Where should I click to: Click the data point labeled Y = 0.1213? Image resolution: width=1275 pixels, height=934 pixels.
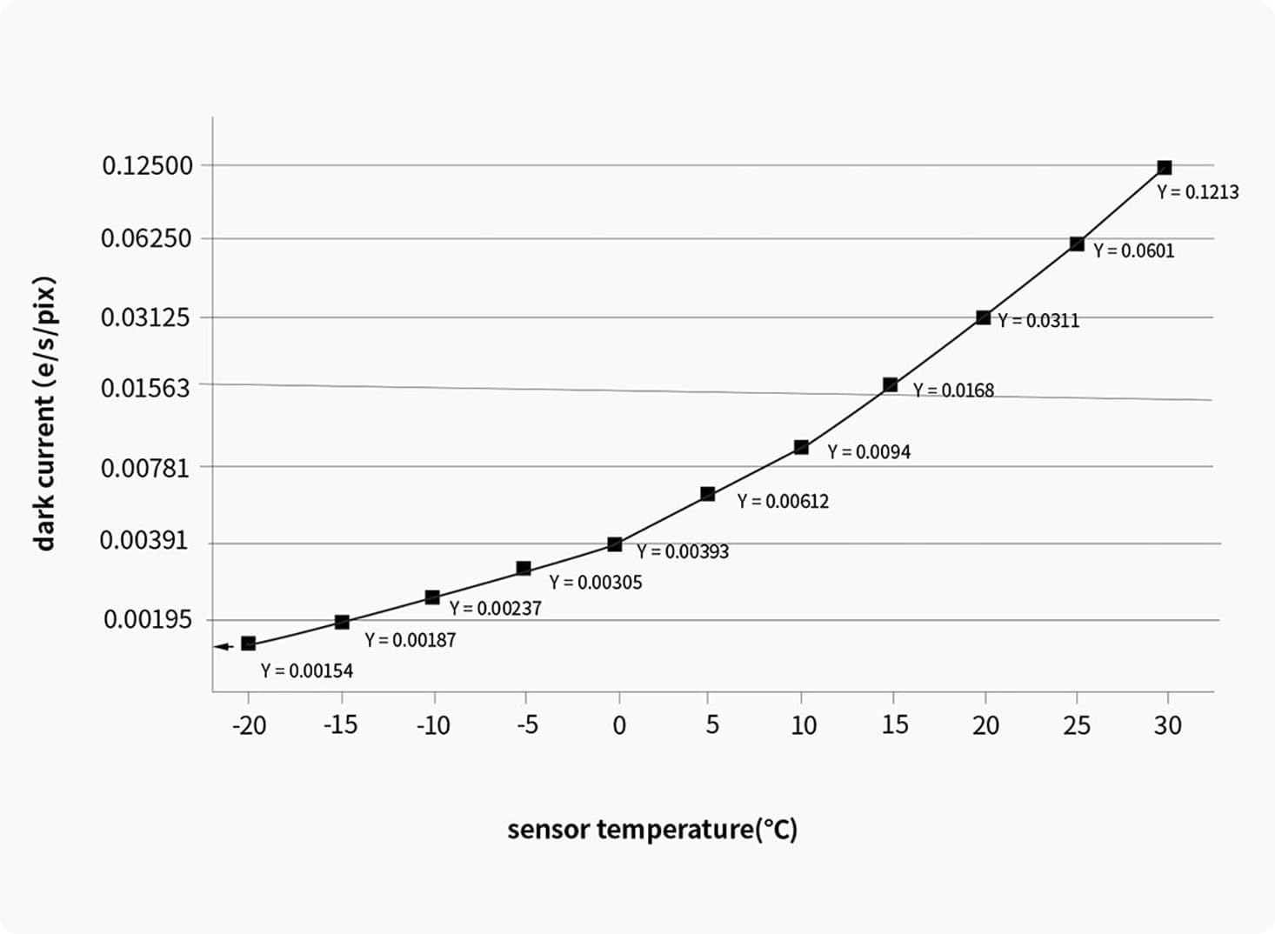coord(1164,168)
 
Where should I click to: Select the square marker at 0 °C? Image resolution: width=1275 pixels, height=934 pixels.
coord(615,544)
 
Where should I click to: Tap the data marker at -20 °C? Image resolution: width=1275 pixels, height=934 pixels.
coord(248,644)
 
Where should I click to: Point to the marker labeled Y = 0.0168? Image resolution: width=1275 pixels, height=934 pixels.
coord(890,384)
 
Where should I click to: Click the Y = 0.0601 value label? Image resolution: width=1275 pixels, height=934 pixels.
coord(1133,250)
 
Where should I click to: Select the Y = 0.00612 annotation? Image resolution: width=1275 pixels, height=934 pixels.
coord(783,502)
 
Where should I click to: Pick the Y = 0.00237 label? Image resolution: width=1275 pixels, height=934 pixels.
coord(495,609)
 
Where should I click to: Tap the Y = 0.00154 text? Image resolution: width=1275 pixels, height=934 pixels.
coord(307,670)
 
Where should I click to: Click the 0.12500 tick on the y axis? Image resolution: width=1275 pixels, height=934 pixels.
coord(147,165)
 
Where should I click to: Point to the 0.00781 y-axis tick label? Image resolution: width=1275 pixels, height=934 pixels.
coord(145,468)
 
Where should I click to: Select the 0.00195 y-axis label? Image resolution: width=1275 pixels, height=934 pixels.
coord(147,619)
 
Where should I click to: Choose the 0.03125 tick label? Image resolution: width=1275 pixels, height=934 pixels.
coord(145,317)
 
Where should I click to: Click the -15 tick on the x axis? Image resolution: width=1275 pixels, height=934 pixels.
coord(341,724)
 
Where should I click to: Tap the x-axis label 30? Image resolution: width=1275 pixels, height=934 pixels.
coord(1167,724)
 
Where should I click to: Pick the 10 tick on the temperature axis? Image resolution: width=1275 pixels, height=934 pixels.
coord(803,724)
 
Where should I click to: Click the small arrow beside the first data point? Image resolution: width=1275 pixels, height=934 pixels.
coord(223,646)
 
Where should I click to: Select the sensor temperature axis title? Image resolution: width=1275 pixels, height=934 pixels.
coord(652,829)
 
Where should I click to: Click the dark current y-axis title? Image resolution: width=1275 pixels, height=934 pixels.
coord(44,413)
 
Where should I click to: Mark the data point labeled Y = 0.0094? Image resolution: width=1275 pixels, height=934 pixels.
coord(801,447)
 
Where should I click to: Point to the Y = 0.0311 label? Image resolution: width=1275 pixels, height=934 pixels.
coord(1038,321)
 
